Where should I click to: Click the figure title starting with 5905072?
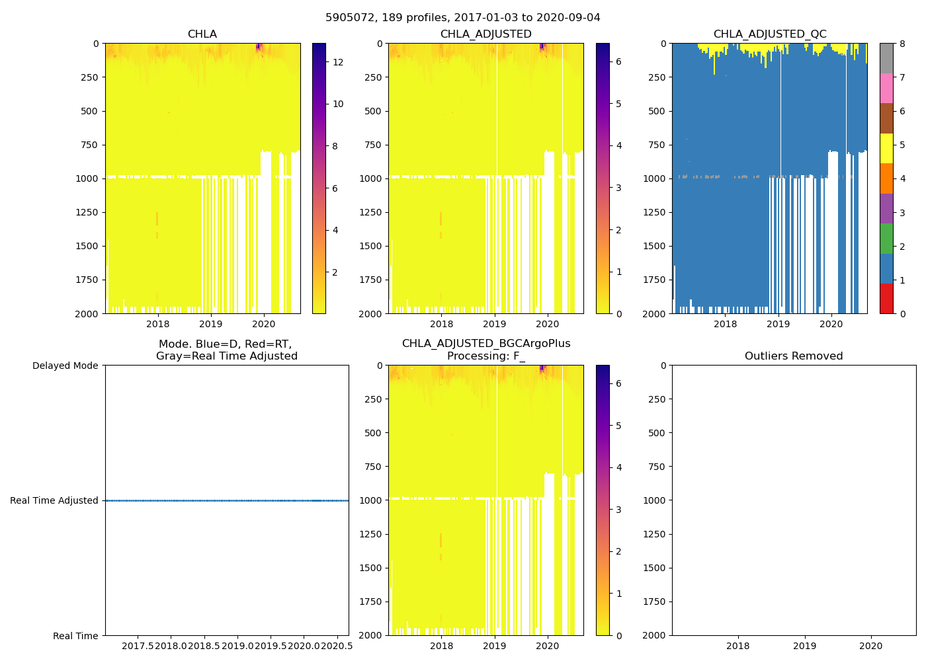[x=463, y=18]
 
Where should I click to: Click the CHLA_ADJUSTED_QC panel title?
[x=769, y=34]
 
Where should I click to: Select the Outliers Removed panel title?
[x=794, y=356]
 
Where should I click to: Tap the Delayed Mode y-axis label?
[x=65, y=366]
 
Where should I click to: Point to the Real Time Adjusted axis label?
[x=54, y=501]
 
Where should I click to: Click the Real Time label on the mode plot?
[x=75, y=636]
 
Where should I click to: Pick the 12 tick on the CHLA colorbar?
[x=338, y=62]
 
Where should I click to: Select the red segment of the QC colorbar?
[x=886, y=298]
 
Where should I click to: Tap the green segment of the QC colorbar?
[x=886, y=238]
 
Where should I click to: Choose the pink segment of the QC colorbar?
[x=886, y=88]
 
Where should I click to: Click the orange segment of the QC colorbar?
[x=886, y=178]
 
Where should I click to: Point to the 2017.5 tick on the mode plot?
[x=138, y=646]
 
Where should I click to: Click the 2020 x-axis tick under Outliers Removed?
[x=870, y=646]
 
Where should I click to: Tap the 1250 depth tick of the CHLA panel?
[x=86, y=212]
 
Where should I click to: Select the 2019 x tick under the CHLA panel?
[x=211, y=324]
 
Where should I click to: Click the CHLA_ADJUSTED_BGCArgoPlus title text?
[x=486, y=344]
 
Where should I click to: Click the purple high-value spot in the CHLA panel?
[x=259, y=46]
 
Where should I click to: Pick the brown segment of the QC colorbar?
[x=886, y=118]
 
